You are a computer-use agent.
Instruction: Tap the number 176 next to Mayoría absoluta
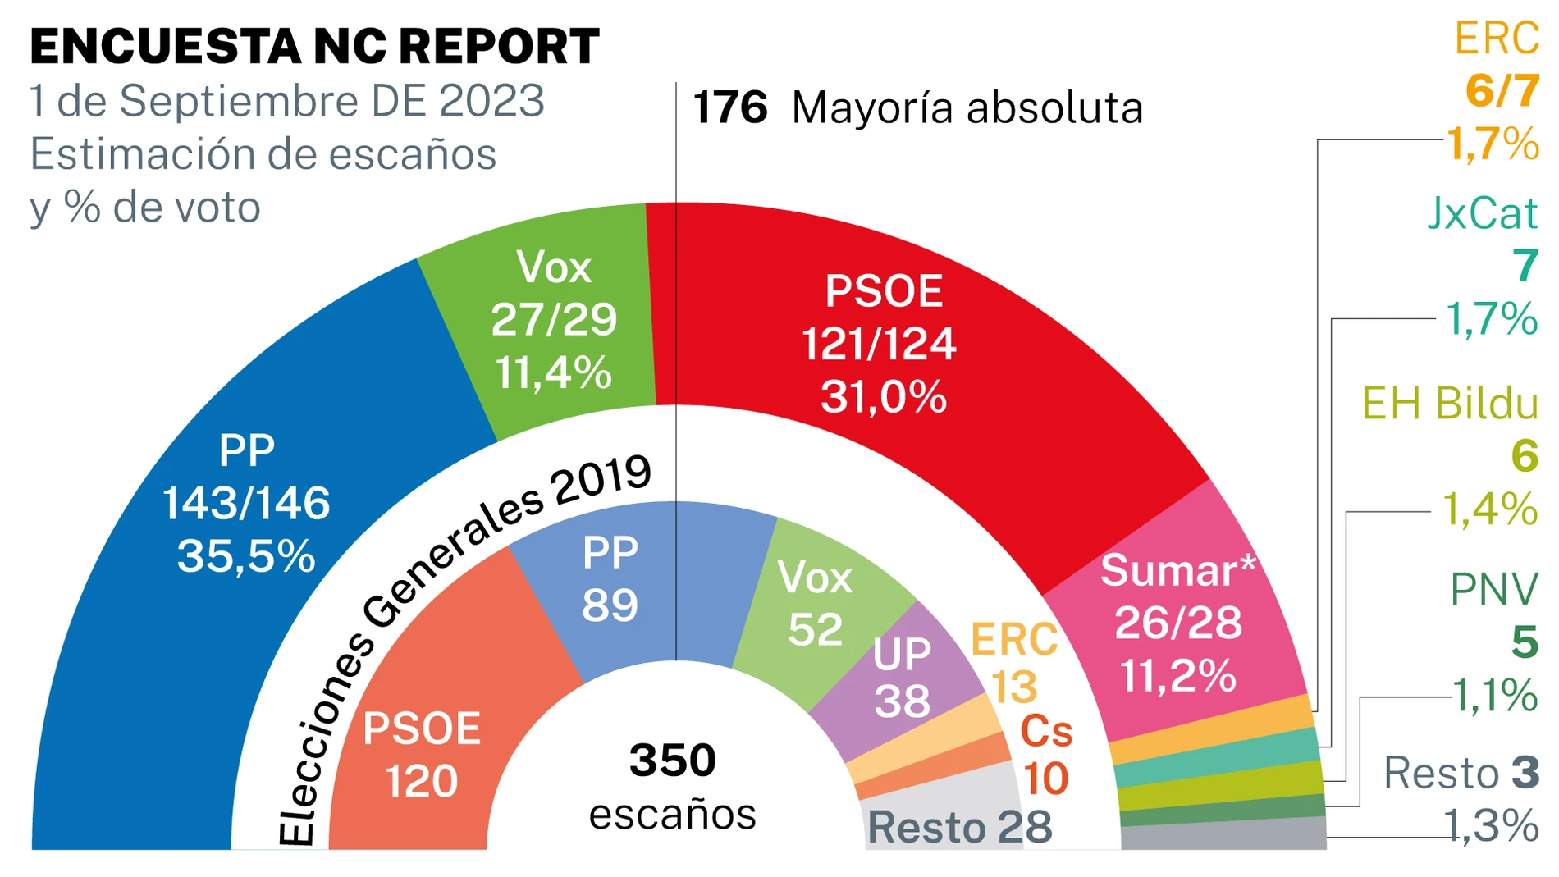729,107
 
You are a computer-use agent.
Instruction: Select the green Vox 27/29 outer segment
554,320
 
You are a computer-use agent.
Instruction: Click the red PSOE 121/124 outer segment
882,345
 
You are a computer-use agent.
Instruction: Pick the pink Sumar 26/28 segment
1177,623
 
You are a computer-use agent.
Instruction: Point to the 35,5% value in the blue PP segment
246,556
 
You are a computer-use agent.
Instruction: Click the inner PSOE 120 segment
422,755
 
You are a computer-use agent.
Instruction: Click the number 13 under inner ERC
1014,687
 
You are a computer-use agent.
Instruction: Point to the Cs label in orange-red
1046,731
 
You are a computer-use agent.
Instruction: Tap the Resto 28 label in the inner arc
959,827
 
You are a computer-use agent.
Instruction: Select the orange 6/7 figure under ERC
1502,90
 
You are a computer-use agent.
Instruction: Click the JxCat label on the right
1482,213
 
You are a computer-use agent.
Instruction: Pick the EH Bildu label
1450,404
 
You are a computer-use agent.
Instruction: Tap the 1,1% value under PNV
1494,695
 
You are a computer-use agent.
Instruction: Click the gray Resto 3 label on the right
1461,773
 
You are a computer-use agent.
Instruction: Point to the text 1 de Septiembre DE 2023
287,101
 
